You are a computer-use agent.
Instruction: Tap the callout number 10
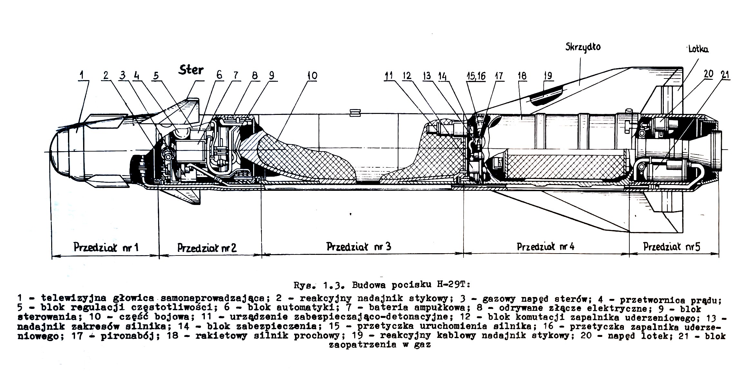(x=312, y=76)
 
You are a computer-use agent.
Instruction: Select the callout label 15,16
(x=476, y=76)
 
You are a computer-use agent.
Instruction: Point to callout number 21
(x=725, y=75)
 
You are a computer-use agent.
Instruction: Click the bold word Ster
(x=191, y=70)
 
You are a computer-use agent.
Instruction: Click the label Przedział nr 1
(x=106, y=247)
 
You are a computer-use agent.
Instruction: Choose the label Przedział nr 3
(x=359, y=246)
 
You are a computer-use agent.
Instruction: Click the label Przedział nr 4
(x=546, y=247)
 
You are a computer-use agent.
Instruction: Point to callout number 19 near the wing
(x=548, y=76)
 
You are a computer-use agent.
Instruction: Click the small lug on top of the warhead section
(x=355, y=112)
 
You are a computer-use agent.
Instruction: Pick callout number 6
(x=219, y=75)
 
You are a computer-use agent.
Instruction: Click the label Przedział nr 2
(x=207, y=247)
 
